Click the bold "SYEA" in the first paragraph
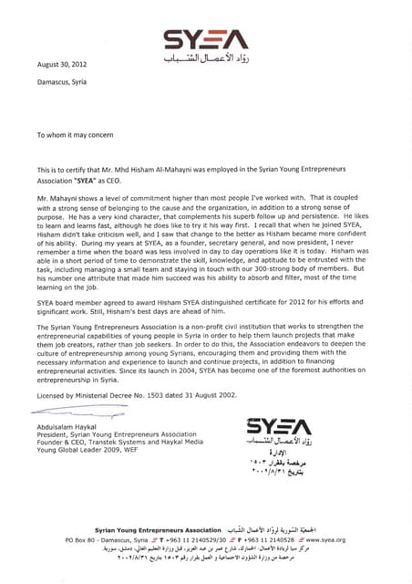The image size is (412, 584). [x=99, y=179]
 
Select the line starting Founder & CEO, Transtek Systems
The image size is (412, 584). [x=107, y=450]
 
